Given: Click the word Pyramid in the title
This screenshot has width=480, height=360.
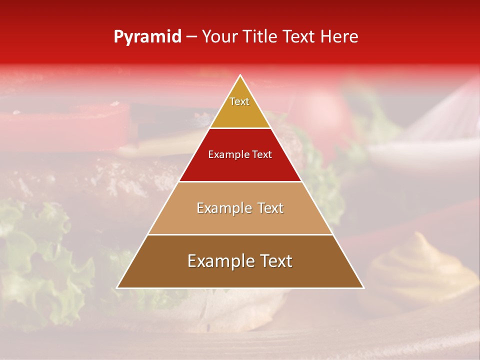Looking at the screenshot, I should tap(147, 37).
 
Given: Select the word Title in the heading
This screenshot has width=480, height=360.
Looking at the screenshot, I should tap(263, 37).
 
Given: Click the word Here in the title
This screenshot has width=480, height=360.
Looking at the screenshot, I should tap(339, 37).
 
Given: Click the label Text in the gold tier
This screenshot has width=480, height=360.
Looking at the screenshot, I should tap(239, 101).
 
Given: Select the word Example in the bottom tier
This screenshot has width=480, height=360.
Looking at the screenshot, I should tap(218, 261).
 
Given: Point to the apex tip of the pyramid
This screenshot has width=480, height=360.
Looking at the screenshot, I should tap(240, 76).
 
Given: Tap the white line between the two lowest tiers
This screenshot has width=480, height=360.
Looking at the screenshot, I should tap(240, 234).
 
